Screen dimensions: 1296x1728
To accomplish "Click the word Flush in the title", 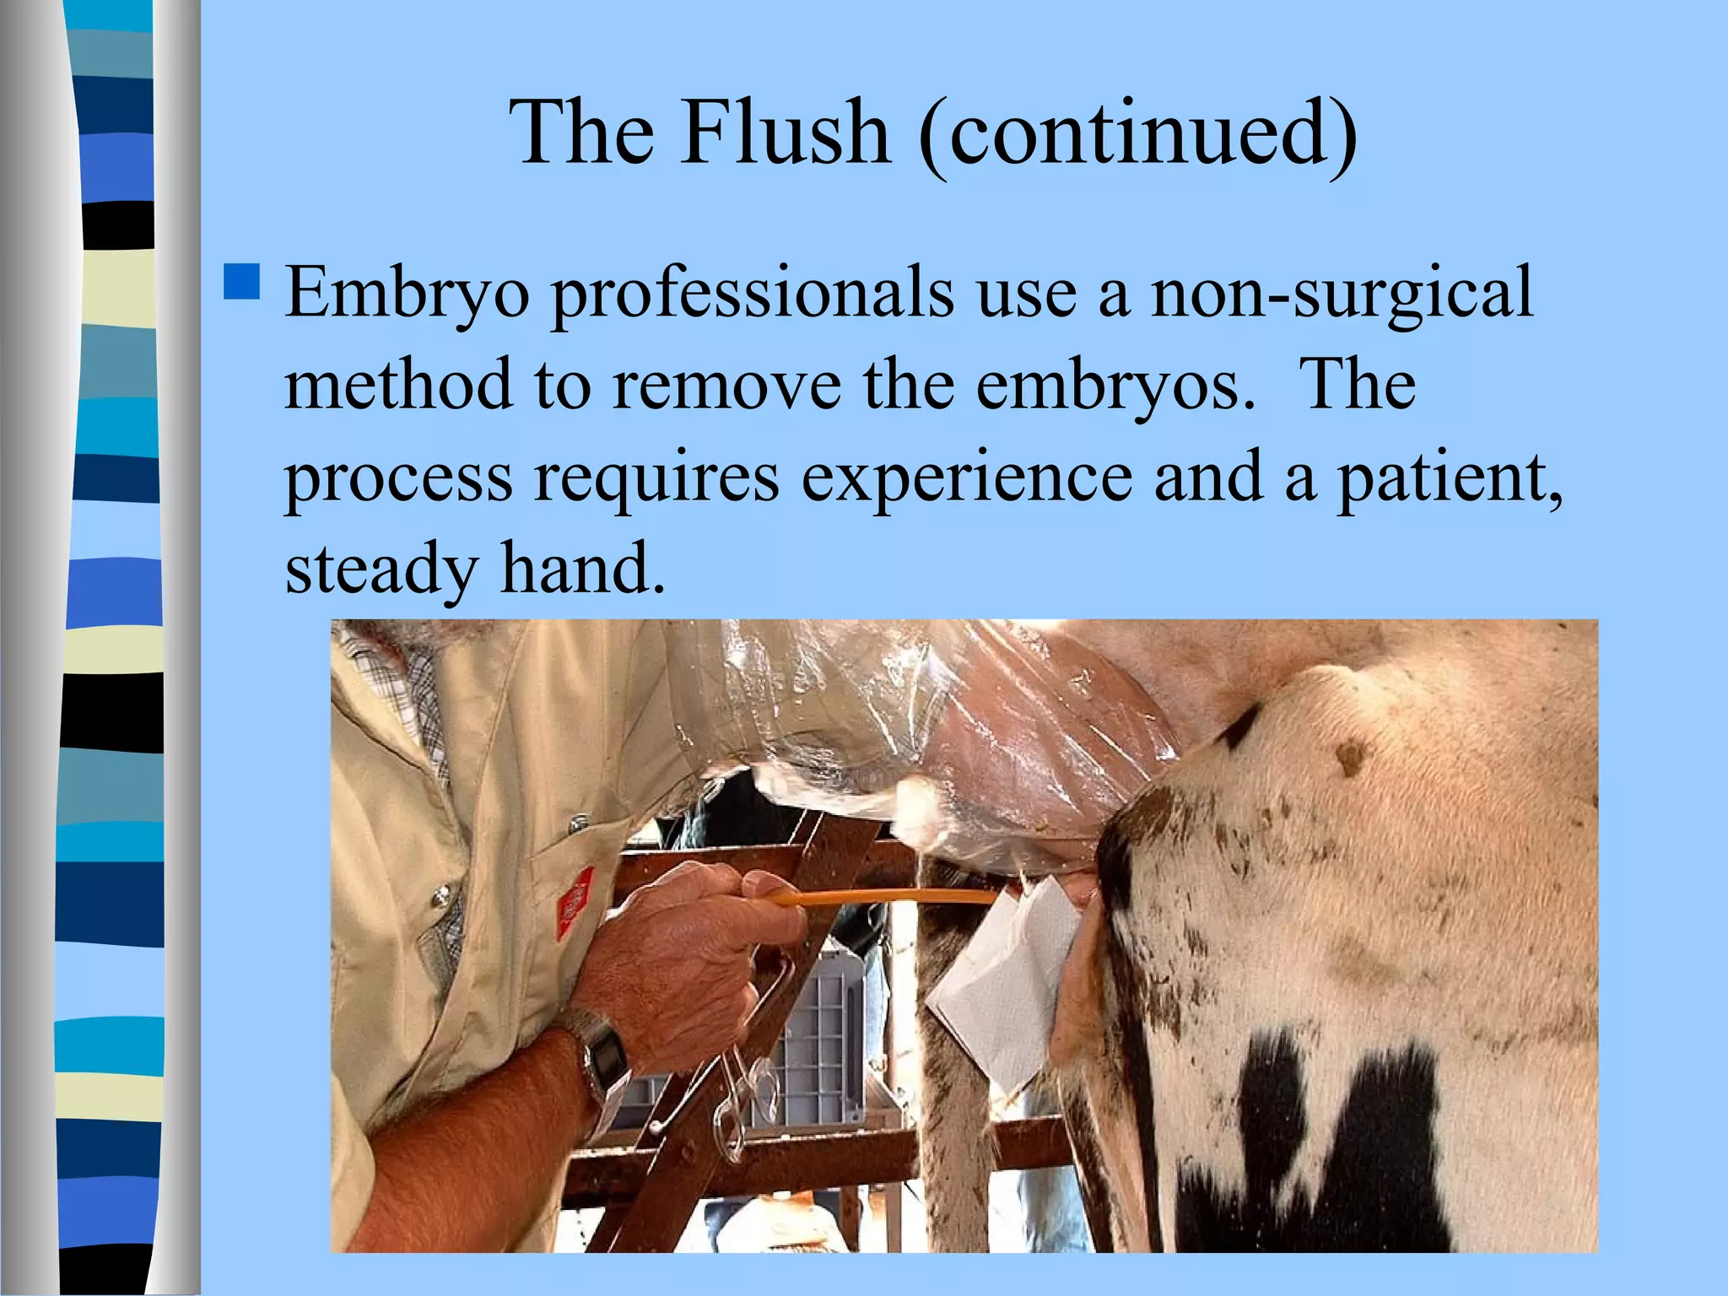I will [x=786, y=132].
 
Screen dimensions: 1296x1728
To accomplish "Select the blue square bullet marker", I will [x=242, y=282].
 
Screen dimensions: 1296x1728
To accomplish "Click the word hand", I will [x=582, y=569].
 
